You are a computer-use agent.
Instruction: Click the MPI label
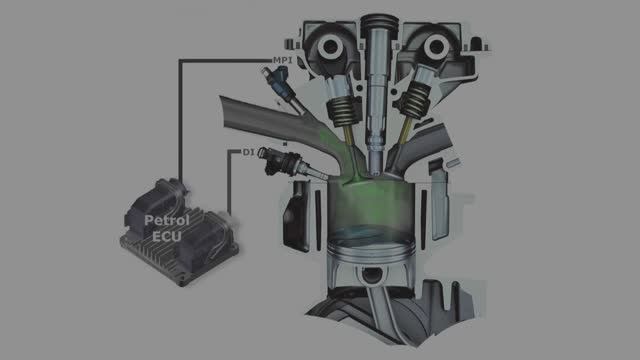pyautogui.click(x=282, y=60)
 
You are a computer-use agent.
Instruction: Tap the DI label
pyautogui.click(x=249, y=152)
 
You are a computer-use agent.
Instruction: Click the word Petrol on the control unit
pyautogui.click(x=167, y=221)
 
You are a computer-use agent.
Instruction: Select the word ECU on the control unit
pyautogui.click(x=167, y=236)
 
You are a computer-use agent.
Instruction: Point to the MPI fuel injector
pyautogui.click(x=282, y=87)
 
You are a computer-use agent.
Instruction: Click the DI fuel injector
pyautogui.click(x=291, y=164)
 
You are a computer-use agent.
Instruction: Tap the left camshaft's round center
pyautogui.click(x=330, y=48)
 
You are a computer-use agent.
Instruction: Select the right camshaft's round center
pyautogui.click(x=436, y=47)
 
